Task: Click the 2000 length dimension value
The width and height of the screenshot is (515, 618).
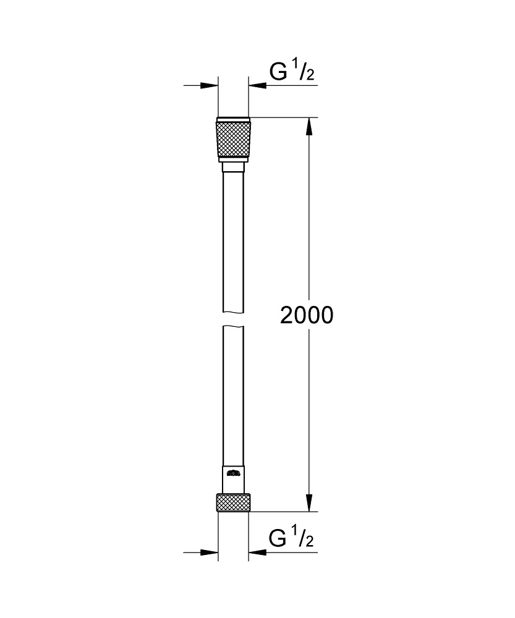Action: click(x=307, y=315)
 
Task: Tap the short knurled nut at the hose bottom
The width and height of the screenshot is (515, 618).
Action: click(x=233, y=502)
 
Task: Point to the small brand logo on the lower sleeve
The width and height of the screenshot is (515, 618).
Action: click(x=233, y=474)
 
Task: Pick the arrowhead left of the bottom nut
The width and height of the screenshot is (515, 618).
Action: click(x=210, y=552)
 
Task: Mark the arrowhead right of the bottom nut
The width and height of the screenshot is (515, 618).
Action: click(x=257, y=552)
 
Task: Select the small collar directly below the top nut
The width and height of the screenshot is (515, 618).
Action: click(x=233, y=167)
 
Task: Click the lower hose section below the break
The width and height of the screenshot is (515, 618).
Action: click(x=233, y=396)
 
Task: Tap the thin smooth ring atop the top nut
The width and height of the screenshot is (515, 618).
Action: click(x=233, y=119)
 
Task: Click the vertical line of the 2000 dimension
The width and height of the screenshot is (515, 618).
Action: click(x=310, y=247)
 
